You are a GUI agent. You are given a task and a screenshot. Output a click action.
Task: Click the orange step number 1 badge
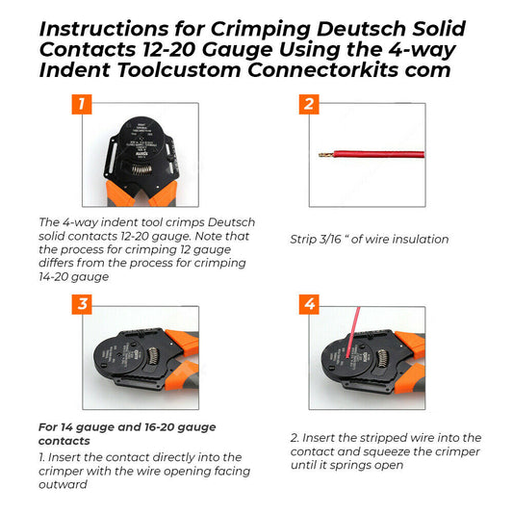pyautogui.click(x=82, y=105)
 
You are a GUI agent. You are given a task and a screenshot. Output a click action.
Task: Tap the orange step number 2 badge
pyautogui.click(x=308, y=105)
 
